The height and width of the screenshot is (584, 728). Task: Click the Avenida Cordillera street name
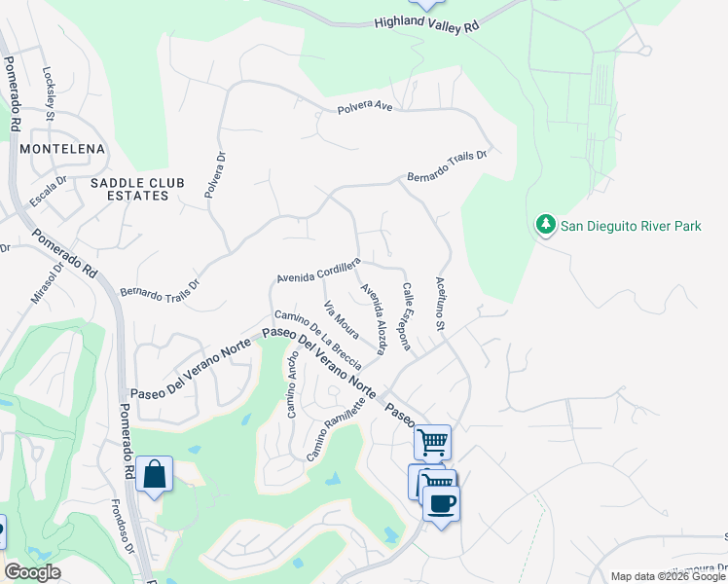(x=318, y=271)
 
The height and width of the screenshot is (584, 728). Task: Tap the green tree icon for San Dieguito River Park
(x=545, y=225)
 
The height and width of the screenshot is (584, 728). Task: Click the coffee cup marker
(x=441, y=503)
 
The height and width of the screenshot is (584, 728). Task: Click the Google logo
(x=31, y=572)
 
